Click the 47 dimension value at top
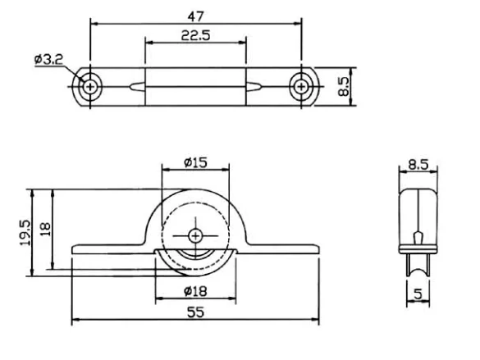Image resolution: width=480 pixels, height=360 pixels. (x=196, y=16)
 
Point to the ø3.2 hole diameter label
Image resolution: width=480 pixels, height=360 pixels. (x=49, y=59)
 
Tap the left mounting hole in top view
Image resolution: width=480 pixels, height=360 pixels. (x=89, y=84)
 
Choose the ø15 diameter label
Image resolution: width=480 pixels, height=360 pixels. (x=195, y=162)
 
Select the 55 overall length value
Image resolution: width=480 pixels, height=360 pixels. (x=195, y=311)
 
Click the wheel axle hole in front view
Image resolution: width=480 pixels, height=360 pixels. (x=195, y=235)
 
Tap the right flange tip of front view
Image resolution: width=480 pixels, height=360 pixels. (x=316, y=248)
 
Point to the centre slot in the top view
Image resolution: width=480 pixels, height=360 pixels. (x=195, y=84)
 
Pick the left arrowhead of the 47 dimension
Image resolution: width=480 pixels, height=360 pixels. (x=94, y=25)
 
